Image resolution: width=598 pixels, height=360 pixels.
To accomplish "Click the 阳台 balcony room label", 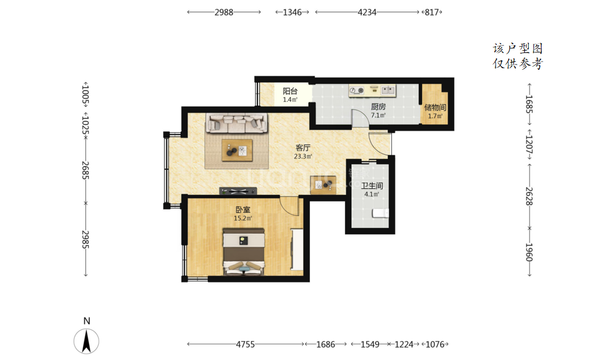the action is [x=290, y=91].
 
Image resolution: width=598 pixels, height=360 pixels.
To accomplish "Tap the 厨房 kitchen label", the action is [x=378, y=107].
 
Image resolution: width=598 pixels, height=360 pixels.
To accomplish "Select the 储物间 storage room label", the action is [x=435, y=108].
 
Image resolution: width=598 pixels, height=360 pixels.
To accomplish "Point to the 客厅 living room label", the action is [x=303, y=147].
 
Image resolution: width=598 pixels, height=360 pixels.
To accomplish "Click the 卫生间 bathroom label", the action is [x=372, y=185].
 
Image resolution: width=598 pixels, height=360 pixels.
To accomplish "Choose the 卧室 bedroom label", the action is [x=243, y=210].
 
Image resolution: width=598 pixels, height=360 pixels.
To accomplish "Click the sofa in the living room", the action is [x=236, y=123].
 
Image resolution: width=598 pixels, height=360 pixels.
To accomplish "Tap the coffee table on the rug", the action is [x=237, y=150].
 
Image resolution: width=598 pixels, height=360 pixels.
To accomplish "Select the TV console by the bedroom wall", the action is [x=238, y=191].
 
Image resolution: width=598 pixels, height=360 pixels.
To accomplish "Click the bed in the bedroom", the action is [x=244, y=252].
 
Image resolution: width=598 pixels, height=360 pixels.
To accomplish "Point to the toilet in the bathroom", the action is [x=380, y=213].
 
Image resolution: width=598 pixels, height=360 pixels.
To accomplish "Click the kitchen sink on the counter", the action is [x=388, y=90].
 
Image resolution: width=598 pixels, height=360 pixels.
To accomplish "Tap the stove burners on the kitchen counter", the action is [x=357, y=90].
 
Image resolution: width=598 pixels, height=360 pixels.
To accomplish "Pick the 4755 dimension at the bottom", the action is [x=245, y=344].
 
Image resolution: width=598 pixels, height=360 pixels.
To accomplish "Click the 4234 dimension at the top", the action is [x=367, y=12].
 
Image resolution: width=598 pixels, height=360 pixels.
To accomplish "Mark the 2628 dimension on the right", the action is [x=529, y=196].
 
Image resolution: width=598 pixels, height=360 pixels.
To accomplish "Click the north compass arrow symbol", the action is [x=86, y=341].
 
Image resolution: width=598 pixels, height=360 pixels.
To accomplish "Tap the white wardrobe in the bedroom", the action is [x=297, y=249].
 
